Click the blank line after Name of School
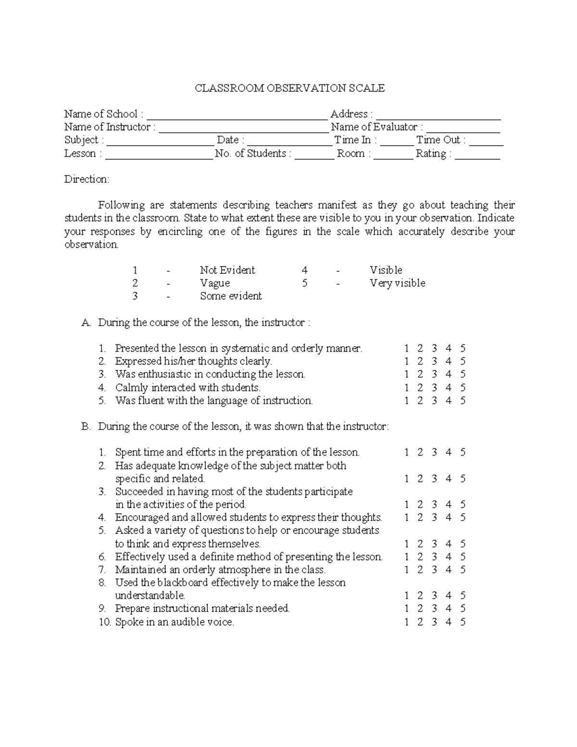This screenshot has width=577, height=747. pyautogui.click(x=237, y=115)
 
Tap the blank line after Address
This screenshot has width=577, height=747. pyautogui.click(x=438, y=115)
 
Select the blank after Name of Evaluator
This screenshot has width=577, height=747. pyautogui.click(x=463, y=128)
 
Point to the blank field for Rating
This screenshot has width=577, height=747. pyautogui.click(x=477, y=155)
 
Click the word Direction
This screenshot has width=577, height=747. pyautogui.click(x=87, y=179)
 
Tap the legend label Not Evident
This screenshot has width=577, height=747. pyautogui.click(x=227, y=270)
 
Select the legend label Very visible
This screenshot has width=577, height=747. pyautogui.click(x=397, y=283)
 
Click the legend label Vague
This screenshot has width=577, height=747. pyautogui.click(x=214, y=283)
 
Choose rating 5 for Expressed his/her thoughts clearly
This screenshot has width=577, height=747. pyautogui.click(x=463, y=361)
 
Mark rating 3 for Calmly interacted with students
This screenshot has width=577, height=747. pyautogui.click(x=434, y=388)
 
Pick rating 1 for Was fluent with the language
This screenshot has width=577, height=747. pyautogui.click(x=406, y=401)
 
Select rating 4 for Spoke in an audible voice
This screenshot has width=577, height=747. pyautogui.click(x=448, y=622)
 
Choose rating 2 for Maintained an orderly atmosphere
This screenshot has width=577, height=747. pyautogui.click(x=420, y=570)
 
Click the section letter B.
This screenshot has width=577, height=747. pyautogui.click(x=86, y=427)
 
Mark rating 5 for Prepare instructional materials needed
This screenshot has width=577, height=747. pyautogui.click(x=463, y=608)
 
